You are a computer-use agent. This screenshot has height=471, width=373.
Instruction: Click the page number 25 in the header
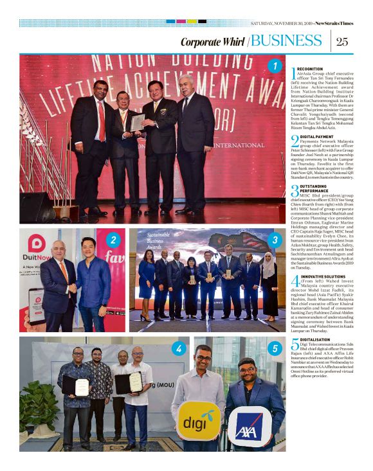click(x=342, y=42)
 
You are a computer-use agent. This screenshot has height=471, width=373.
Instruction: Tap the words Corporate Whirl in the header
click(x=212, y=42)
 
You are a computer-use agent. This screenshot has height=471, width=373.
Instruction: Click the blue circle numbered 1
click(x=275, y=66)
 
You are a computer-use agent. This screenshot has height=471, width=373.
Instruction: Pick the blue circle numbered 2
click(x=113, y=240)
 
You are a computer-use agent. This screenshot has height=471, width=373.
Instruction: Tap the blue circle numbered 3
click(x=275, y=240)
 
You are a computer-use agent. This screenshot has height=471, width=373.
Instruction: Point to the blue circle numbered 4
click(x=177, y=349)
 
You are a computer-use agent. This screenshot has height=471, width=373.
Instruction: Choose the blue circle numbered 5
click(x=275, y=349)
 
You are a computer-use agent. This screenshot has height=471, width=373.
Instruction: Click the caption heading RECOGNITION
click(x=311, y=69)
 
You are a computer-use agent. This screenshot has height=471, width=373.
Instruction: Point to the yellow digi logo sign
click(x=199, y=422)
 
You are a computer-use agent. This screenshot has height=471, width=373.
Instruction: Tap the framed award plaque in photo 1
click(x=138, y=121)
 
